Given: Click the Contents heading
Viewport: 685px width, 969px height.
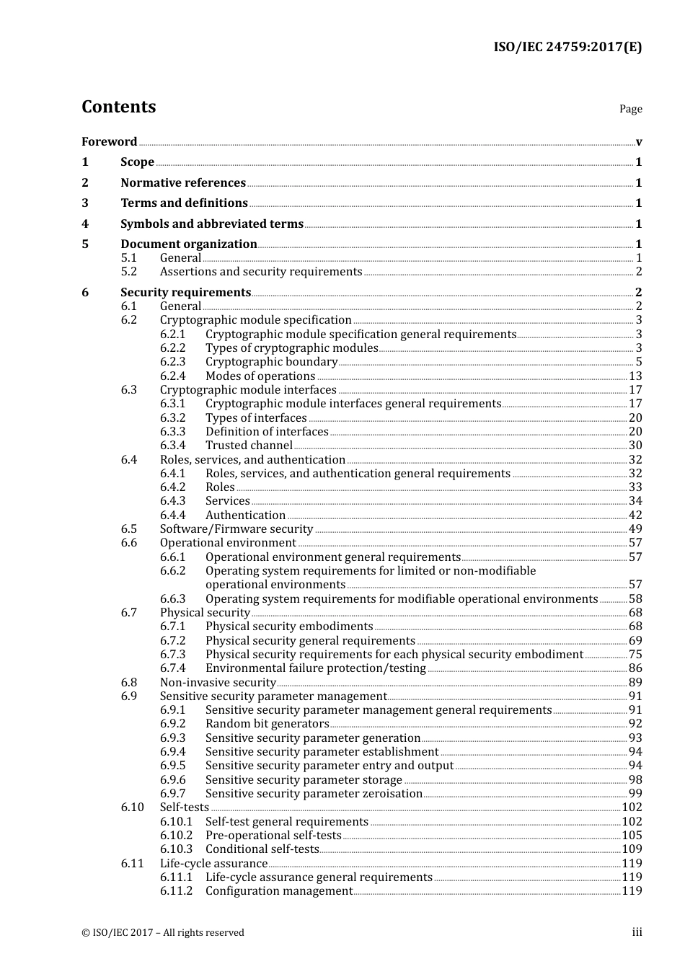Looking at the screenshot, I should pyautogui.click(x=118, y=107).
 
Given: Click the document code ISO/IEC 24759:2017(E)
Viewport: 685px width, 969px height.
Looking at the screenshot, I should pyautogui.click(x=567, y=48).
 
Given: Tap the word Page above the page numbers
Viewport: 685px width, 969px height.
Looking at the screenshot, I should pyautogui.click(x=630, y=109).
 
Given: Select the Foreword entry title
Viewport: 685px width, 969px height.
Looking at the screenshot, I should pyautogui.click(x=109, y=142).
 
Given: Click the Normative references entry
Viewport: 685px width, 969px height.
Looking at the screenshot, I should pyautogui.click(x=183, y=183).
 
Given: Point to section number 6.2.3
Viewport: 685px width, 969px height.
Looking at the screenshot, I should pyautogui.click(x=172, y=362).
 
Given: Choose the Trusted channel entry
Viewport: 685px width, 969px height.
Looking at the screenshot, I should pyautogui.click(x=249, y=446).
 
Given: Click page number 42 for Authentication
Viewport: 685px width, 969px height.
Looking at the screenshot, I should pyautogui.click(x=635, y=516).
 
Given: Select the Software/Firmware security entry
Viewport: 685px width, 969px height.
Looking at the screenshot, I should pyautogui.click(x=237, y=529).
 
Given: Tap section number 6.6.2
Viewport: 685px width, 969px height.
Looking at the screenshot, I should pyautogui.click(x=172, y=571).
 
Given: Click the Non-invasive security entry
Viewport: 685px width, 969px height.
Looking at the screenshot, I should pyautogui.click(x=218, y=683).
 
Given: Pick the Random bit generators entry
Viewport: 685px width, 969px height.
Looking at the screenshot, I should pyautogui.click(x=267, y=724).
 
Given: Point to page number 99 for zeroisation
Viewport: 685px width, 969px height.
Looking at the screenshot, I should pyautogui.click(x=635, y=794).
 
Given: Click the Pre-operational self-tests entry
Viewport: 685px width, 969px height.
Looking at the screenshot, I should pyautogui.click(x=273, y=836).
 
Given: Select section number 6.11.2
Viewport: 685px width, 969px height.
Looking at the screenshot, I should pyautogui.click(x=176, y=891).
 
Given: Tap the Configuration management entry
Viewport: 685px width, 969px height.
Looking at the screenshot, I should pyautogui.click(x=279, y=891).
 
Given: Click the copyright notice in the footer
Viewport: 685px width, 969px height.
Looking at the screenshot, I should pyautogui.click(x=163, y=933).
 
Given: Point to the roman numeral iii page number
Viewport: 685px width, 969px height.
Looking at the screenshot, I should pyautogui.click(x=637, y=932).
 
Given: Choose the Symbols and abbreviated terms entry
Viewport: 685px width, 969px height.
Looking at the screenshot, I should pyautogui.click(x=212, y=224).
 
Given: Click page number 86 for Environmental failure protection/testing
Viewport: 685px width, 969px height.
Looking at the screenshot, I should pyautogui.click(x=635, y=668).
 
